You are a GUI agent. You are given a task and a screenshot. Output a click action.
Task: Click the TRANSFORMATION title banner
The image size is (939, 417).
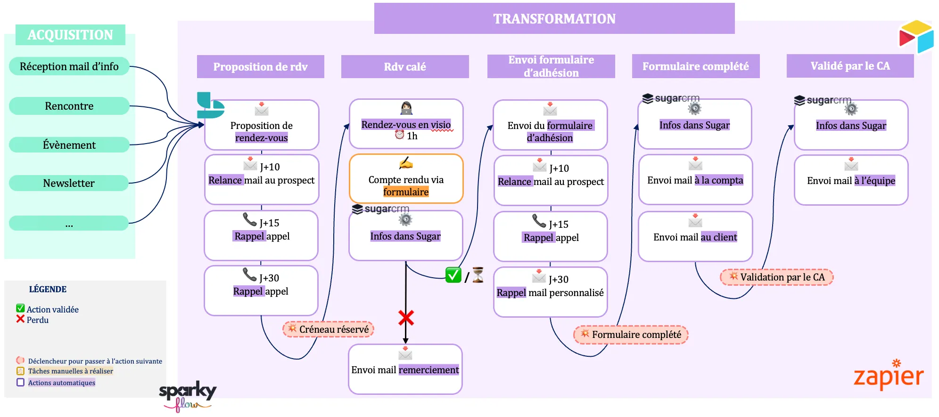tap(554, 19)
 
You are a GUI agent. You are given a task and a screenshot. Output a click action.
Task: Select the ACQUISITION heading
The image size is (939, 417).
tap(70, 35)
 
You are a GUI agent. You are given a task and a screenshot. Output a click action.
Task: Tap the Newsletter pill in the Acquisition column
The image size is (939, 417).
tap(69, 183)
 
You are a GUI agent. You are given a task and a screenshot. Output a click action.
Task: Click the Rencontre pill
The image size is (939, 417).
tap(69, 106)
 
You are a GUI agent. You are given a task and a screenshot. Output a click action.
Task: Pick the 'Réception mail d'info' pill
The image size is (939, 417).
tap(69, 66)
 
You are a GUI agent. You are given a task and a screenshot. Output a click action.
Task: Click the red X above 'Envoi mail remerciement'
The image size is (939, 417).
tap(406, 318)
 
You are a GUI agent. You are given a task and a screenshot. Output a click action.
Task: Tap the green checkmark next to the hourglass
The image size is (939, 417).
tap(453, 275)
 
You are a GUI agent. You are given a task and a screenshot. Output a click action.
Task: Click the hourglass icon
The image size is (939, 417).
tap(478, 275)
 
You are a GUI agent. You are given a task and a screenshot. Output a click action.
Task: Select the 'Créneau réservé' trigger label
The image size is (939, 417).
tap(329, 329)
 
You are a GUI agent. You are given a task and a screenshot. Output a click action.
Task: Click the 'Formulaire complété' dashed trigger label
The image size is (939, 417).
tap(631, 335)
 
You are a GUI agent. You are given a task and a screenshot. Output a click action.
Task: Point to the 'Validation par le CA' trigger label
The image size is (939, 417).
tap(776, 277)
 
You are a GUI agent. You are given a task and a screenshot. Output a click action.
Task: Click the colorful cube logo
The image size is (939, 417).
tap(916, 36)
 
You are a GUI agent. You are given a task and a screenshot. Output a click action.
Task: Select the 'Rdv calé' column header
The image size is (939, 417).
tap(404, 67)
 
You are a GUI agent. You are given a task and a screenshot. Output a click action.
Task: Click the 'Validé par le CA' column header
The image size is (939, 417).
tap(850, 66)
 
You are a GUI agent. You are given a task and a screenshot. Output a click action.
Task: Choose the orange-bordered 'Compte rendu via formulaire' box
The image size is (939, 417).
tap(406, 179)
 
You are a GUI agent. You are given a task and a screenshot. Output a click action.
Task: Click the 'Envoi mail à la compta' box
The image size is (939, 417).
tap(695, 179)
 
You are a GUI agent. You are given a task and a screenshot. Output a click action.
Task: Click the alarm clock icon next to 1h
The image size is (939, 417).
tap(399, 135)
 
